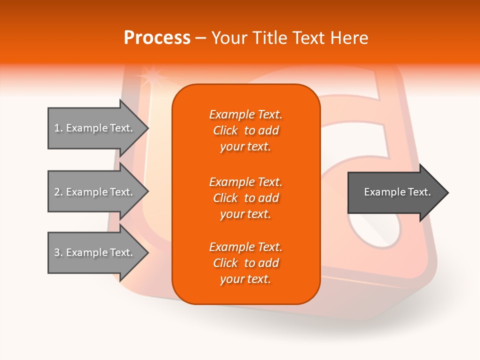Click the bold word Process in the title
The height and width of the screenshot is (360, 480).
click(x=157, y=38)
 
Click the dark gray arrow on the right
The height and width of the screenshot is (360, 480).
click(x=395, y=192)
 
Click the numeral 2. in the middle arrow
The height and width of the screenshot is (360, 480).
click(x=58, y=192)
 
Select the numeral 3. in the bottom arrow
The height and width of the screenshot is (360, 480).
click(x=58, y=252)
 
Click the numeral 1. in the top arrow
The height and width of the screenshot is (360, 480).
click(x=58, y=128)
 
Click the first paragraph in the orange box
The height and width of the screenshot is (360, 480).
click(x=245, y=130)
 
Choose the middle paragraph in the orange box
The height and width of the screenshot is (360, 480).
click(x=245, y=198)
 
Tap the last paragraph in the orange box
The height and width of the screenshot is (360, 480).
click(x=245, y=263)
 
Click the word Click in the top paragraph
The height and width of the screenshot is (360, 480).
click(x=225, y=130)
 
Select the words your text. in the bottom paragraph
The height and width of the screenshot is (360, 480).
click(x=245, y=279)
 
